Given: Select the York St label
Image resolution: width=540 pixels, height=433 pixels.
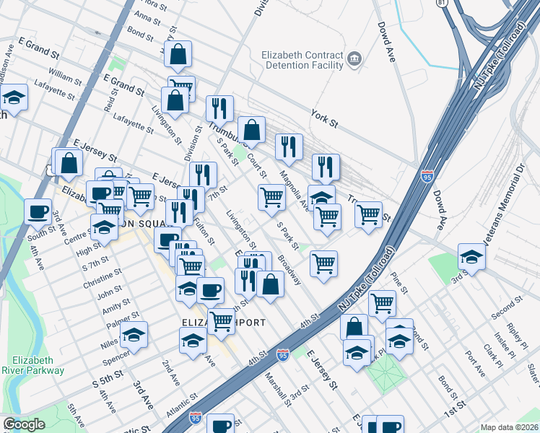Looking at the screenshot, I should pos(324,114).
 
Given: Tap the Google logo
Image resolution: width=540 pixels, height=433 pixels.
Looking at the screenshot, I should pos(24,424).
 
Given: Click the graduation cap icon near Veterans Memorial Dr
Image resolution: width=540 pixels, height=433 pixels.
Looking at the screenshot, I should pos(471,257).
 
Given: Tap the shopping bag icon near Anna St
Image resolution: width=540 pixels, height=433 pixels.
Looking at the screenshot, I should pos(178,53).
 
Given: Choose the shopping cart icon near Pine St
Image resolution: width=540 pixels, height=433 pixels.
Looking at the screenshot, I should pos(381,302).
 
